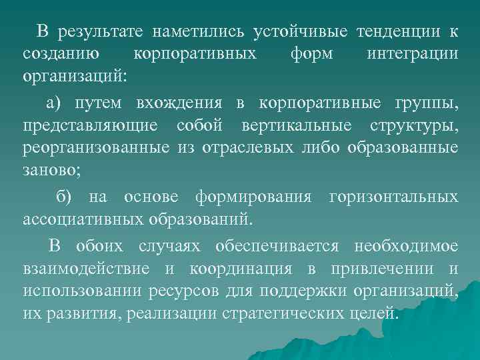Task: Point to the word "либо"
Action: click(x=321, y=147)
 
